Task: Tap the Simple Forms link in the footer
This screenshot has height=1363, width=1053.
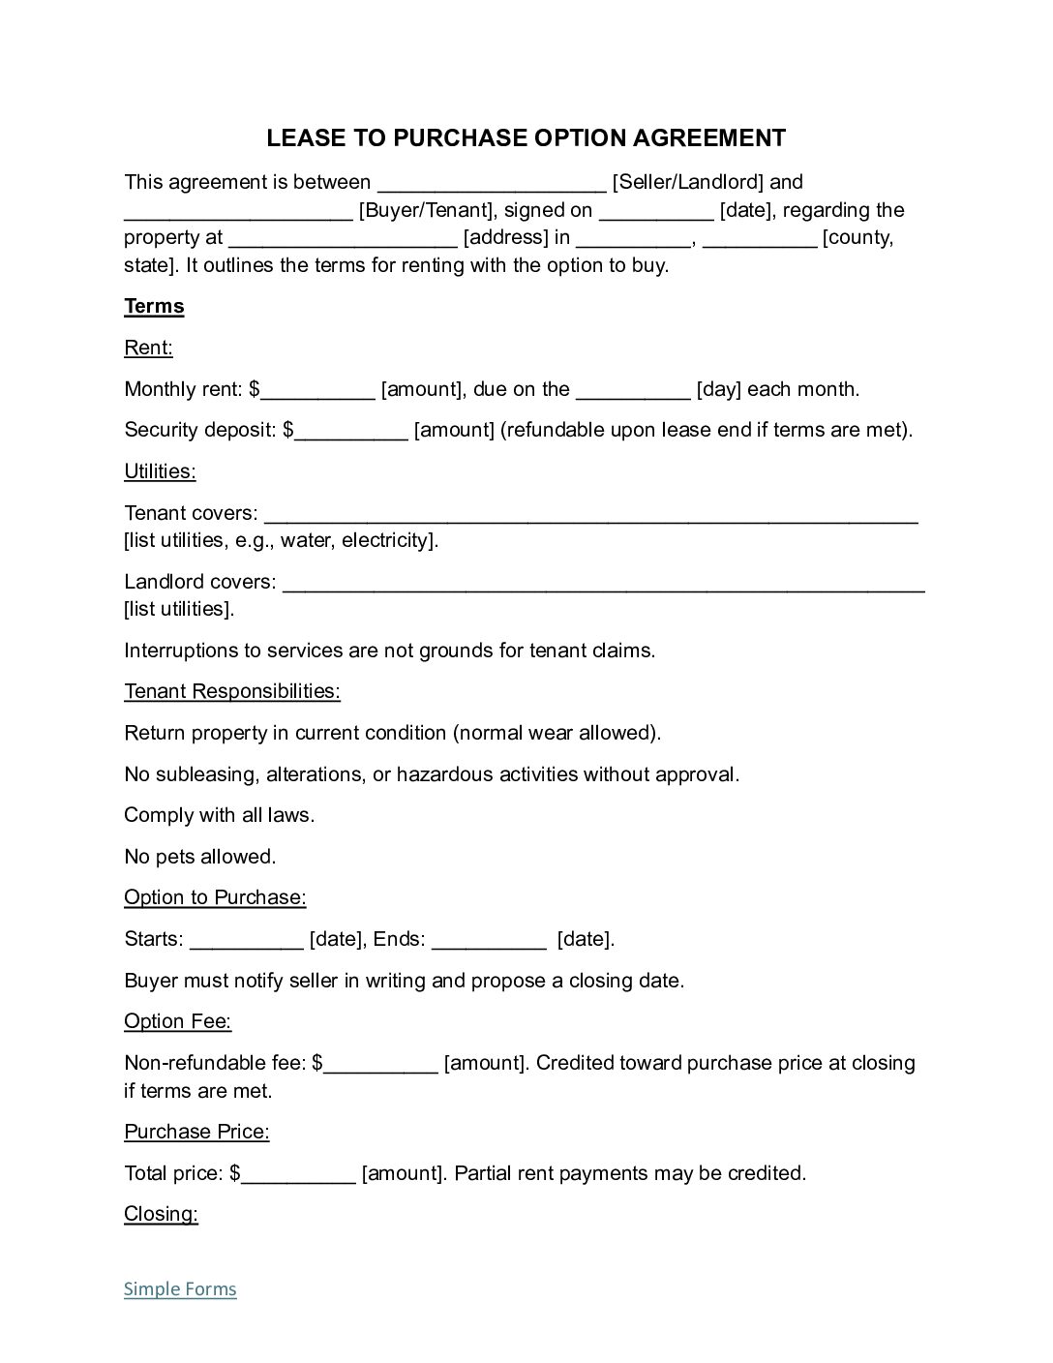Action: click(x=180, y=1288)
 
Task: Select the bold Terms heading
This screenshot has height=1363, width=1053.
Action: click(x=154, y=307)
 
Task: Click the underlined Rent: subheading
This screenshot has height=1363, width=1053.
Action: click(x=148, y=348)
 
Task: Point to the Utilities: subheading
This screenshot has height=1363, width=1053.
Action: click(x=160, y=471)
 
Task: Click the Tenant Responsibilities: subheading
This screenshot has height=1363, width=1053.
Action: click(x=232, y=691)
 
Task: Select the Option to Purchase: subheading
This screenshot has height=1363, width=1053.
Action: click(x=215, y=897)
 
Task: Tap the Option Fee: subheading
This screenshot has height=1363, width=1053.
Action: click(x=177, y=1021)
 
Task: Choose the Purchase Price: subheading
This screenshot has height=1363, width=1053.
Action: click(x=196, y=1132)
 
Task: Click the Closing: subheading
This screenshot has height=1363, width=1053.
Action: click(x=161, y=1214)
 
